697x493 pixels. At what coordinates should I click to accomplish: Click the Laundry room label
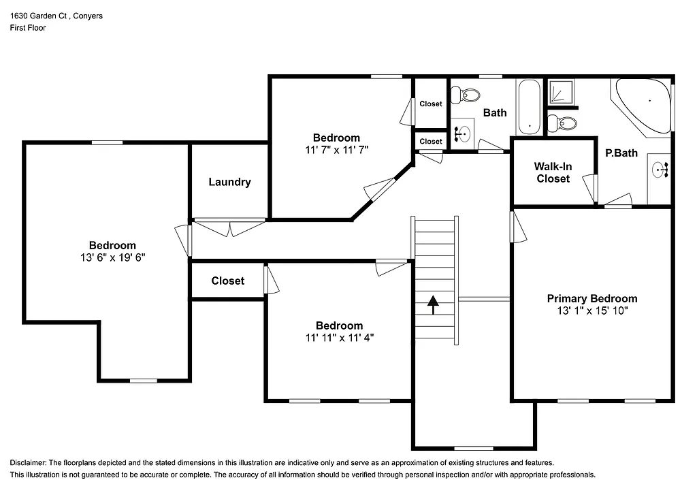[x=229, y=182]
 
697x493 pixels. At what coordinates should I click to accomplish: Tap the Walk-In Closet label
[x=553, y=172]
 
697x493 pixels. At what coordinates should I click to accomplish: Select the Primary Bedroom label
[x=592, y=298]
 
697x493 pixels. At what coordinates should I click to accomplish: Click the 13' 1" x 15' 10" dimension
[x=592, y=311]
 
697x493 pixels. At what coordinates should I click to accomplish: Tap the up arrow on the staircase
[x=433, y=304]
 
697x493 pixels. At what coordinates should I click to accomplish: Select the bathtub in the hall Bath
[x=529, y=107]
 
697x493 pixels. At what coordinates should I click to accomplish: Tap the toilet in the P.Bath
[x=562, y=124]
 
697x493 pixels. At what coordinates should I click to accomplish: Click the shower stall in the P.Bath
[x=562, y=91]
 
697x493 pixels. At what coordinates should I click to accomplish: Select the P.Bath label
[x=621, y=153]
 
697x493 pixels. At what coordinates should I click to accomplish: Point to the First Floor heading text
[x=28, y=28]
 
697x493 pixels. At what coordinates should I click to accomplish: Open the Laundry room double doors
[x=229, y=227]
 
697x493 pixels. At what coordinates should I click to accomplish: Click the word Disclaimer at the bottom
[x=29, y=462]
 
